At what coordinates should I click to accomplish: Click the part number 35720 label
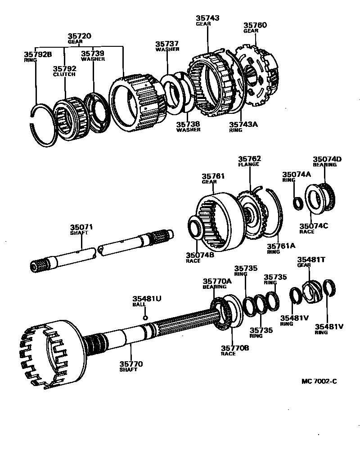(80, 35)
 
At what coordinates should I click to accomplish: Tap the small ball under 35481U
(145, 318)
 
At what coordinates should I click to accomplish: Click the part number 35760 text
(255, 25)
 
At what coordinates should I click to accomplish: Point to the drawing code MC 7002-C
(319, 382)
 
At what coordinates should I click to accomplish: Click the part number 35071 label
(81, 227)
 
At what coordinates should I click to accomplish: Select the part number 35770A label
(217, 281)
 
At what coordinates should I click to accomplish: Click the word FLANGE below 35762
(249, 165)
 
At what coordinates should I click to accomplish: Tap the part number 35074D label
(327, 159)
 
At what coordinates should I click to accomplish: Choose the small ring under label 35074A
(297, 203)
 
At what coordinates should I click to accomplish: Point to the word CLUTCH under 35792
(64, 74)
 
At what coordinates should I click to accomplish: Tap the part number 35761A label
(281, 246)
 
